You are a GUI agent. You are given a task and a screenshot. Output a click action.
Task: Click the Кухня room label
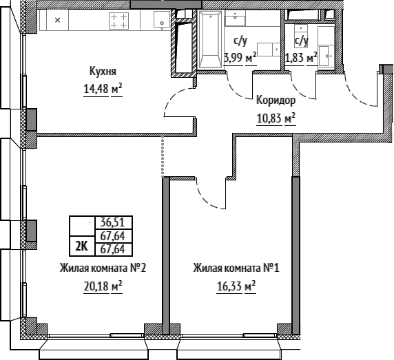103,72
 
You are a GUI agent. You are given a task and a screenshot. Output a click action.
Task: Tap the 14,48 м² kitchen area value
103,89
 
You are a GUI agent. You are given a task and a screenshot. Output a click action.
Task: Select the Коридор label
276,100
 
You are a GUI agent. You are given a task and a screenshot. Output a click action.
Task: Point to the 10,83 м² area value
276,118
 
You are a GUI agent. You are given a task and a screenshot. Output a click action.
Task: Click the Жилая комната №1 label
236,268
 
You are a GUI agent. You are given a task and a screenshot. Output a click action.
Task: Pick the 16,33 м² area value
236,286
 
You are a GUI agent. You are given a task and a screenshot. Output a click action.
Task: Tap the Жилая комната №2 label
103,268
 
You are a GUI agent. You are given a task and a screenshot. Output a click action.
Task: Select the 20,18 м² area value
103,286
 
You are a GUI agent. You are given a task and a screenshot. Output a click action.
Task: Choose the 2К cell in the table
82,246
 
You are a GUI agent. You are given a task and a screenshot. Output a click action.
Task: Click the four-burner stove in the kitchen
118,21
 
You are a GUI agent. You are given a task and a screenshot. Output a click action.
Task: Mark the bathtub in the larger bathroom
210,40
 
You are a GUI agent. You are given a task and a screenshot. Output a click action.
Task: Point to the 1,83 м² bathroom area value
301,59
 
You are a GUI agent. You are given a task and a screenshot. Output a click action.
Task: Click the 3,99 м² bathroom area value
240,59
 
